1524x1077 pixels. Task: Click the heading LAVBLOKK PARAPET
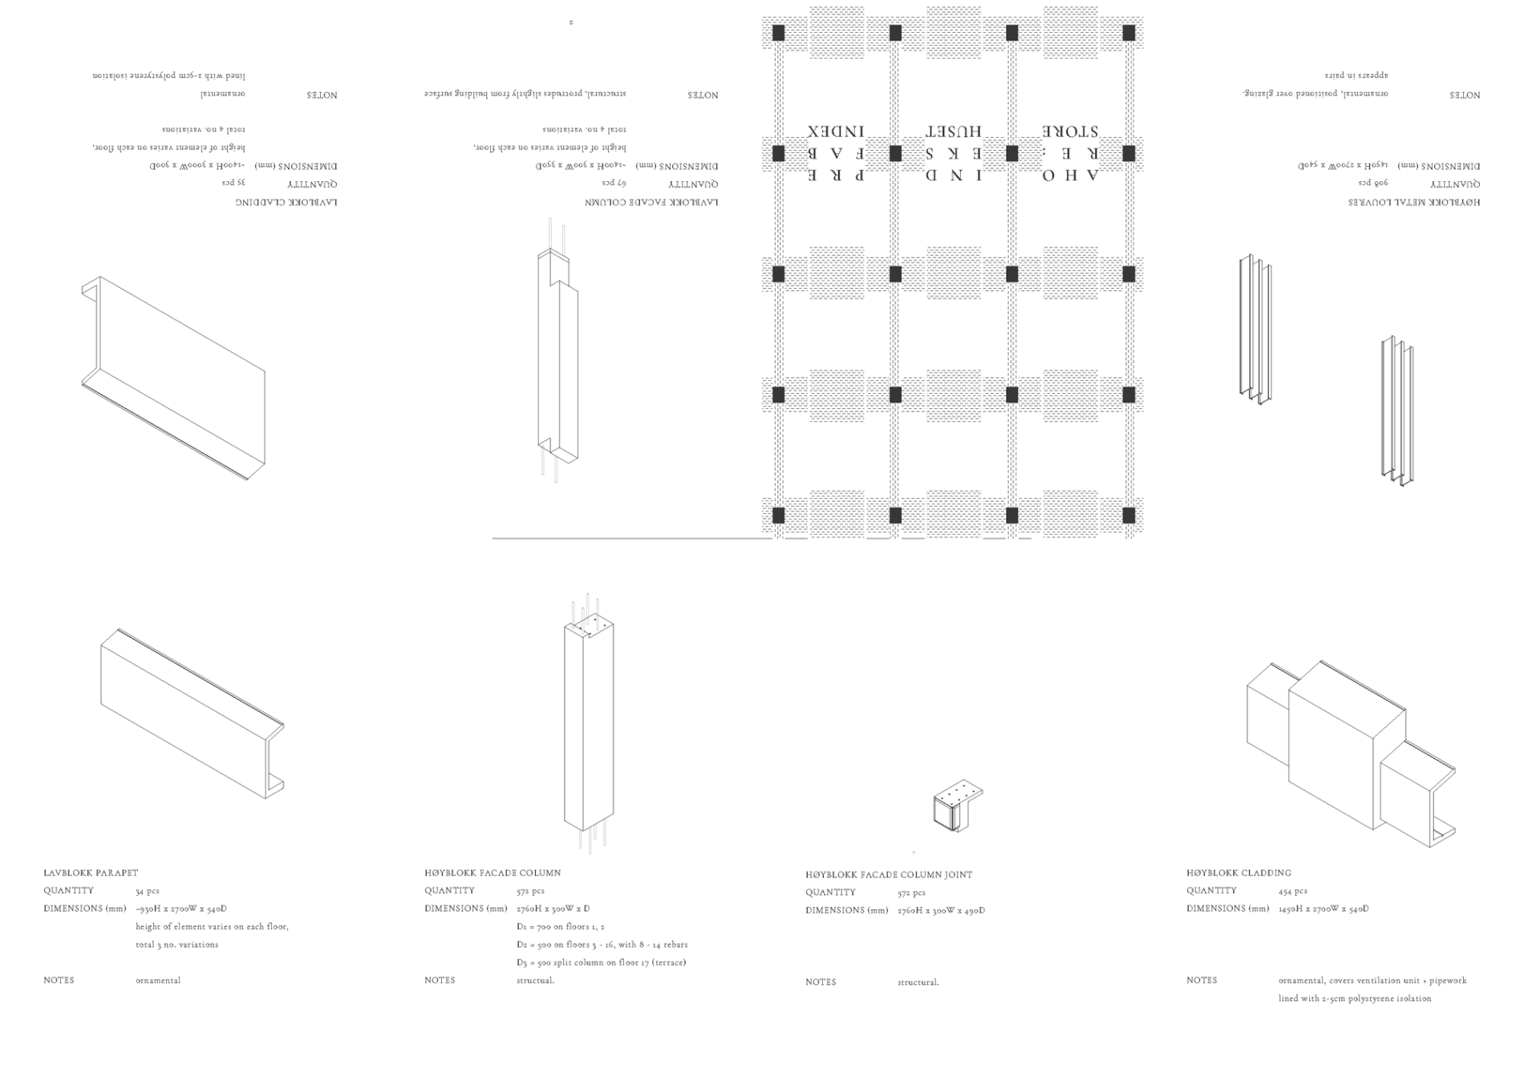[x=91, y=873]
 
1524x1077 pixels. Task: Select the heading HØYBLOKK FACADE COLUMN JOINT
[x=889, y=875]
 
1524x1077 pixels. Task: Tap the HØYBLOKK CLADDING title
[x=1238, y=873]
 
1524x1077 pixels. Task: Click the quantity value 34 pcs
[x=147, y=891]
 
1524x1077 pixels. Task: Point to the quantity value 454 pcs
[x=1292, y=891]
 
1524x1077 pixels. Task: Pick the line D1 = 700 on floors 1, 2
[x=560, y=927]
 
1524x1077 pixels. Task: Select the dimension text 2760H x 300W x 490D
[x=941, y=911]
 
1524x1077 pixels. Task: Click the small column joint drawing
[x=956, y=807]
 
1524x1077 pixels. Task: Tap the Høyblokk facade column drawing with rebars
[x=589, y=722]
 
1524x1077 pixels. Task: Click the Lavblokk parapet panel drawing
[x=191, y=714]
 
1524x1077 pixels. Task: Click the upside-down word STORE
[x=1070, y=132]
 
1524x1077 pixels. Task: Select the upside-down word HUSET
[x=954, y=132]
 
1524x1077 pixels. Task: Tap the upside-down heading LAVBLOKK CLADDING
[x=286, y=202]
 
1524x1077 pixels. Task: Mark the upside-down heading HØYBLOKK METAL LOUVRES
[x=1413, y=202]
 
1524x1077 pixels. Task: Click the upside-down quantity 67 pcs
[x=614, y=184]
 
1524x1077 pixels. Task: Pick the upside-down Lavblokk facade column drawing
[x=557, y=353]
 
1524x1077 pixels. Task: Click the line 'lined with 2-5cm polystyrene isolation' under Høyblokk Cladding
[x=1354, y=999]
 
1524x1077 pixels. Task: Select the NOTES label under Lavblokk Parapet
[x=59, y=981]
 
